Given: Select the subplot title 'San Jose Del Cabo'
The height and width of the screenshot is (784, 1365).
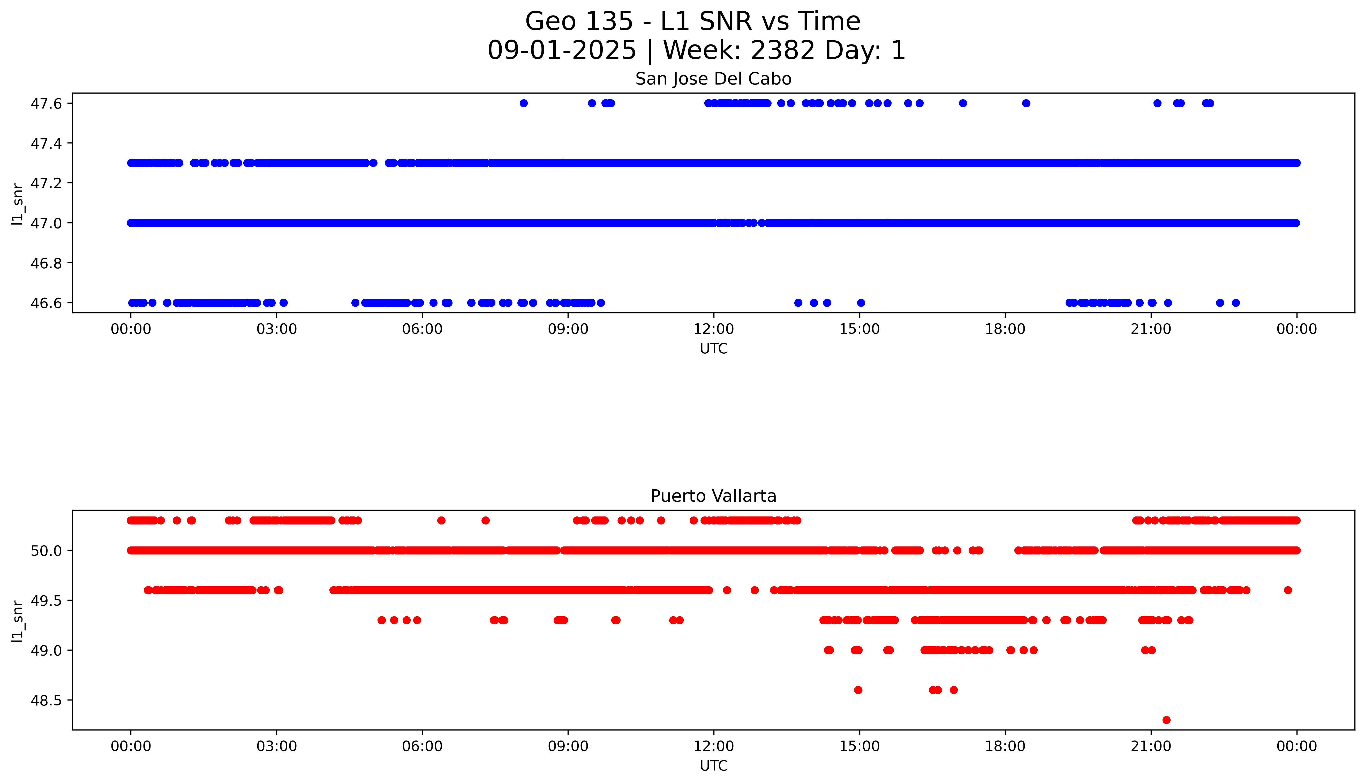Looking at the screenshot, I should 713,79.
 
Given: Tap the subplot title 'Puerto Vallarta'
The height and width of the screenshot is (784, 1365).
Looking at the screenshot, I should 713,496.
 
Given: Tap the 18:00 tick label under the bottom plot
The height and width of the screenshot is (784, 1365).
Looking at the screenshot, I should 1005,746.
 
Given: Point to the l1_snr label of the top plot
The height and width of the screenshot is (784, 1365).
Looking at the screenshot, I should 18,203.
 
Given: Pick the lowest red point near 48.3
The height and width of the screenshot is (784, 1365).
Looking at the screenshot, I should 1166,720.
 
